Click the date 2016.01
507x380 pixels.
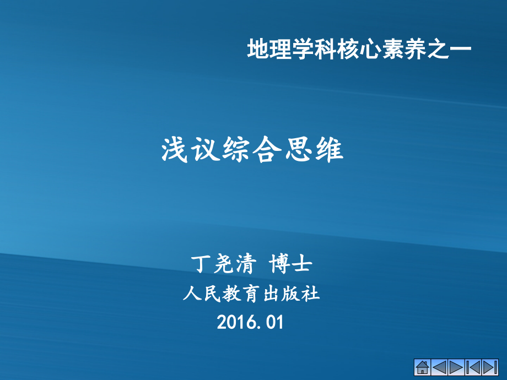coord(251,322)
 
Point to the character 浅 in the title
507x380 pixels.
coord(173,150)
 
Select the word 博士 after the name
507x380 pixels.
coord(291,265)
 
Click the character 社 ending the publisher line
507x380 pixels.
coord(312,294)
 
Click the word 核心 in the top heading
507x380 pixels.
coord(353,50)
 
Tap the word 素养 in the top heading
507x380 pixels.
coord(397,50)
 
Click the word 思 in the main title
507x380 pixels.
coord(299,150)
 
